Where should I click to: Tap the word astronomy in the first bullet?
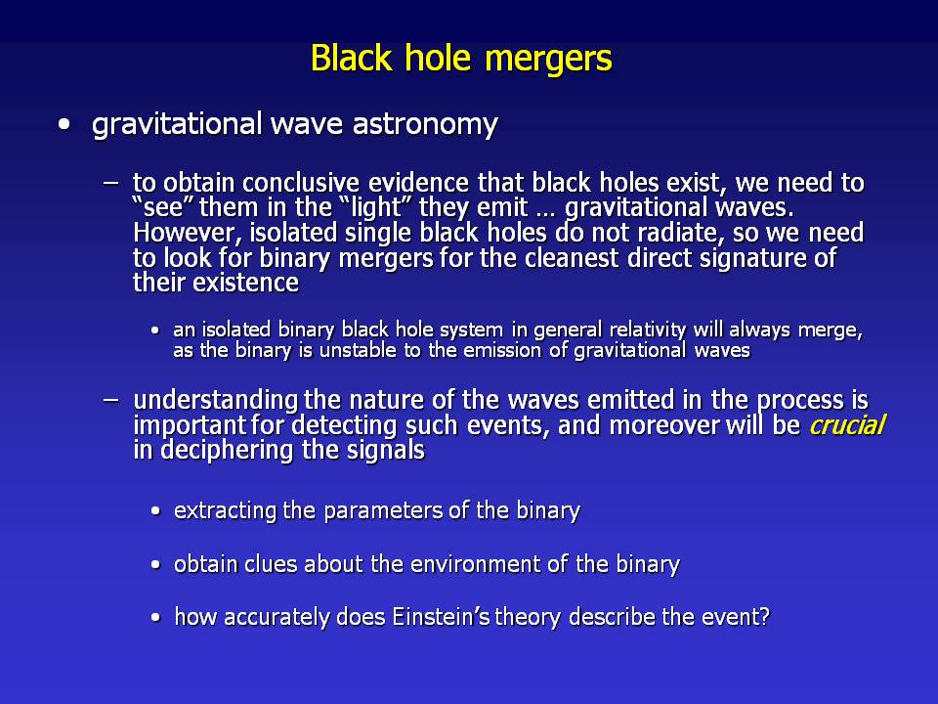coord(425,125)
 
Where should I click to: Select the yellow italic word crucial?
coord(846,425)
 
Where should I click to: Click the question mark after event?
coord(764,617)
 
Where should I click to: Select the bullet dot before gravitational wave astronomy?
coord(64,125)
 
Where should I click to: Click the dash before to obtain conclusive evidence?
coord(110,183)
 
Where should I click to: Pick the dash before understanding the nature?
coord(110,399)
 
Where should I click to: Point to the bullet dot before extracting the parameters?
coord(156,511)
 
